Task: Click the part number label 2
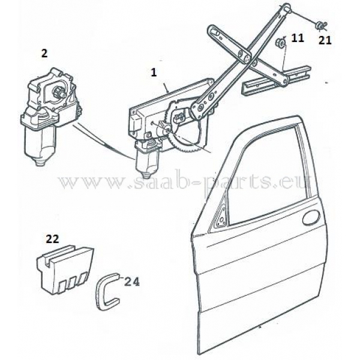[44, 53]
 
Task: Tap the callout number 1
[154, 73]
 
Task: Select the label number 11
[298, 38]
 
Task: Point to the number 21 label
[325, 41]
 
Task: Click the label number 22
[53, 239]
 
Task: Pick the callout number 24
[132, 282]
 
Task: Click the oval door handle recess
[311, 217]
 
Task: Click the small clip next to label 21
[322, 26]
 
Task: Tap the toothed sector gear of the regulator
[181, 128]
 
